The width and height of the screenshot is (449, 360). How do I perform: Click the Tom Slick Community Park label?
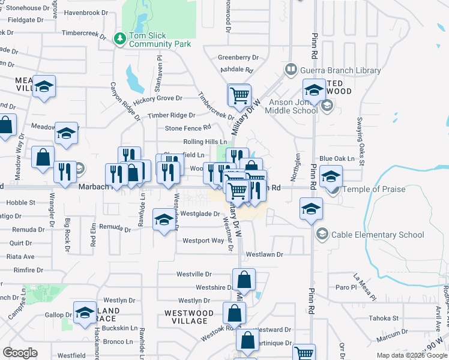pyautogui.click(x=160, y=40)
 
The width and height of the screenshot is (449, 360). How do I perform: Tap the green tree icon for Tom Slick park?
pyautogui.click(x=120, y=38)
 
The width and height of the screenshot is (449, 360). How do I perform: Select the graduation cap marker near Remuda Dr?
pyautogui.click(x=164, y=220)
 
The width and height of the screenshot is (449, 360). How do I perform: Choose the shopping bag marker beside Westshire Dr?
pyautogui.click(x=244, y=280)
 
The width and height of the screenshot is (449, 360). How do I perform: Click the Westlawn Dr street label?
pyautogui.click(x=264, y=254)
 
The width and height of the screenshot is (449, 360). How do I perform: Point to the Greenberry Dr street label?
pyautogui.click(x=238, y=58)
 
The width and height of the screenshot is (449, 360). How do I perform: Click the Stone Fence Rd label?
pyautogui.click(x=188, y=128)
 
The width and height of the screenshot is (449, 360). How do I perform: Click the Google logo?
pyautogui.click(x=20, y=353)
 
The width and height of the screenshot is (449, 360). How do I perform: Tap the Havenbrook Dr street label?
pyautogui.click(x=84, y=12)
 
